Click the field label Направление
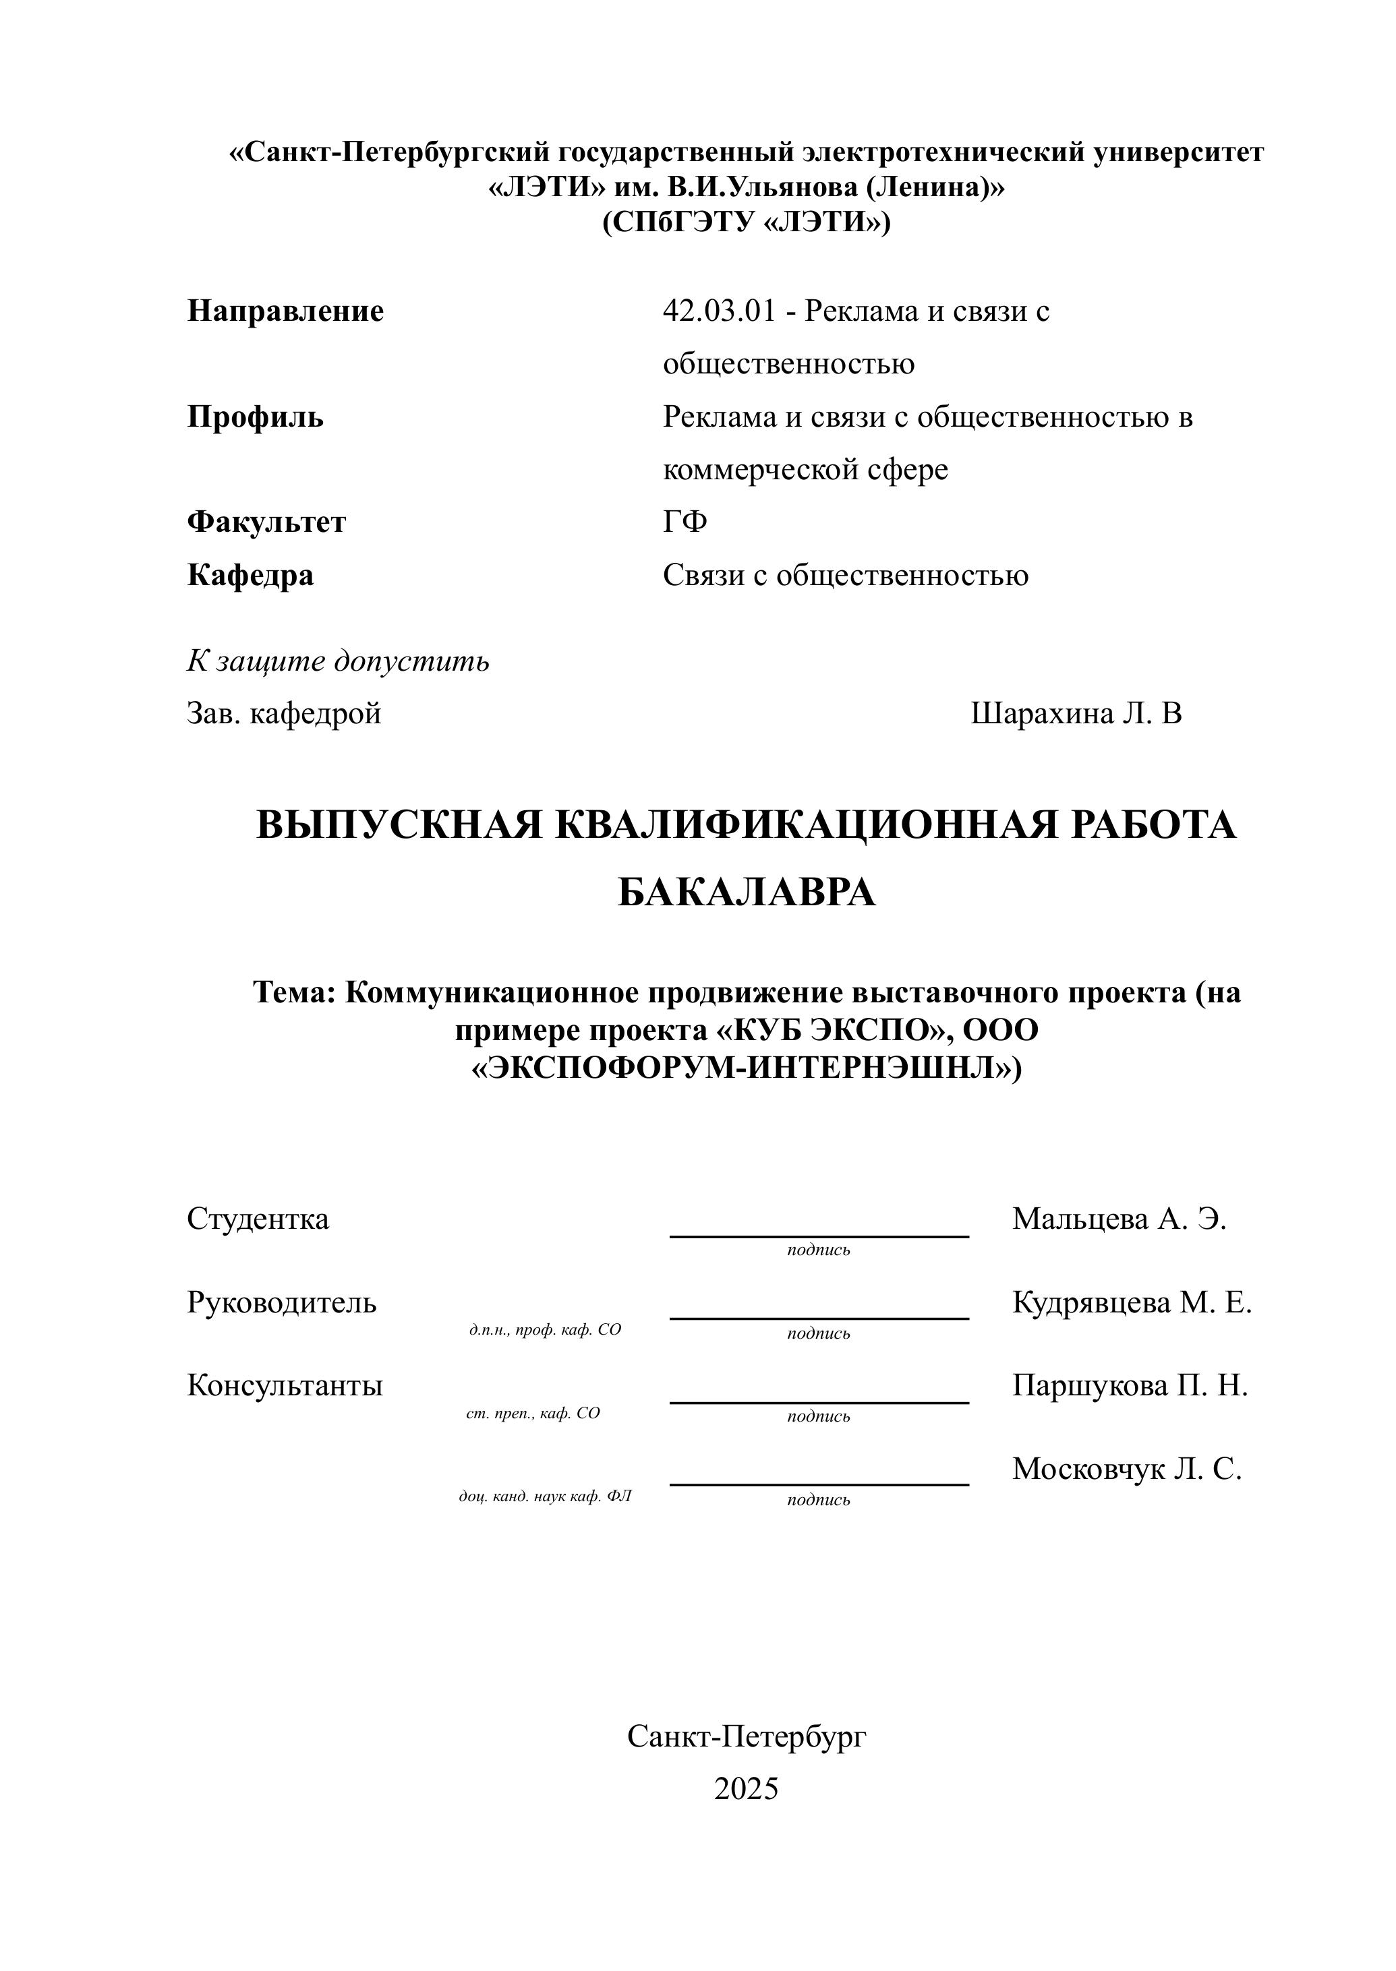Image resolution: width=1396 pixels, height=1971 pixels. click(x=285, y=311)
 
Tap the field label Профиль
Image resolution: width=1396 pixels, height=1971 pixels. click(x=256, y=417)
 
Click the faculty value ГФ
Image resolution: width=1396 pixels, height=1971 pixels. click(x=685, y=522)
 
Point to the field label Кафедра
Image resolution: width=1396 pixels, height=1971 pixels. click(x=250, y=576)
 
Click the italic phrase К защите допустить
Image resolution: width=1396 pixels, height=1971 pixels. click(x=338, y=661)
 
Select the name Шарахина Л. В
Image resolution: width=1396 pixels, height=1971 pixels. click(x=1076, y=714)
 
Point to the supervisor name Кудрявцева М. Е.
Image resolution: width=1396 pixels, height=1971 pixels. click(x=1131, y=1302)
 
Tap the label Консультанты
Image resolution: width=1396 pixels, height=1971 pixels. click(x=285, y=1386)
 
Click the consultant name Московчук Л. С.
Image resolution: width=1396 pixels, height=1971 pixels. click(x=1126, y=1469)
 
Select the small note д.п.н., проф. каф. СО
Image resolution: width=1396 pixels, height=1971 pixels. click(x=545, y=1330)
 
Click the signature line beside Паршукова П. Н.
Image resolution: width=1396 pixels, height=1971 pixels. click(x=818, y=1402)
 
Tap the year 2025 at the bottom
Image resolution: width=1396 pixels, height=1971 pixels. click(x=746, y=1789)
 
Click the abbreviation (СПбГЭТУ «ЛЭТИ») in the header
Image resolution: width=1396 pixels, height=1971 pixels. click(x=746, y=222)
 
